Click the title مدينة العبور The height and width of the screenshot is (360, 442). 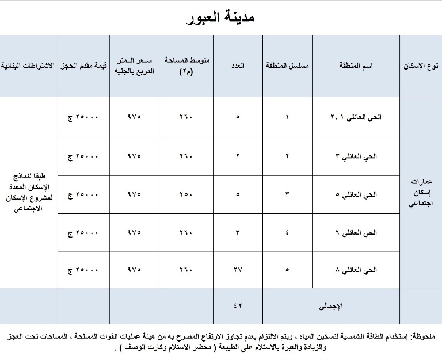point(221,17)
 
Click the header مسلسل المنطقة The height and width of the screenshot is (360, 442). point(287,66)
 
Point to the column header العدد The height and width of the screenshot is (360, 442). point(238,66)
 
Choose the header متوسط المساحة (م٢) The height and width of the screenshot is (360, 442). point(187,66)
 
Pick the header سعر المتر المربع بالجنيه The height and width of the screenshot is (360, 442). point(134,66)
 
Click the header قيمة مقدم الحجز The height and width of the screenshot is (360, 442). point(84,66)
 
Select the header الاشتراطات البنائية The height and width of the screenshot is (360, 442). point(29,66)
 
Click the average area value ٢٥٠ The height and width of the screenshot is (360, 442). point(187,194)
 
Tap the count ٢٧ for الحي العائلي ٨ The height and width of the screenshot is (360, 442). point(238,269)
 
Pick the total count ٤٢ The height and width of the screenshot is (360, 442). point(238,307)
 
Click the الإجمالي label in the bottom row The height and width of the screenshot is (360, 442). point(330,307)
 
